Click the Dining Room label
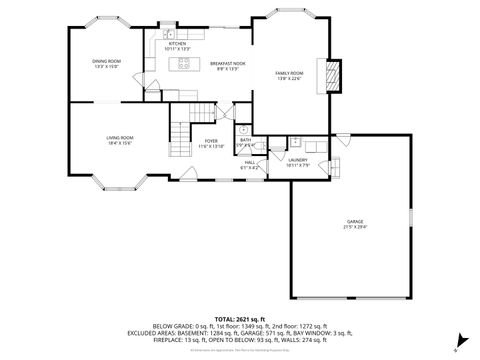coord(107,65)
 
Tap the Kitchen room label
coord(177,46)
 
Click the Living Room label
coord(120,140)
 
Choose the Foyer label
coord(211,143)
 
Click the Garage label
coord(355,224)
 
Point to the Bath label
coord(245,142)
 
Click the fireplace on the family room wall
coord(333,76)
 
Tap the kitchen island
coord(184,66)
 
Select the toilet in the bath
coord(244,129)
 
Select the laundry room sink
coord(296,142)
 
